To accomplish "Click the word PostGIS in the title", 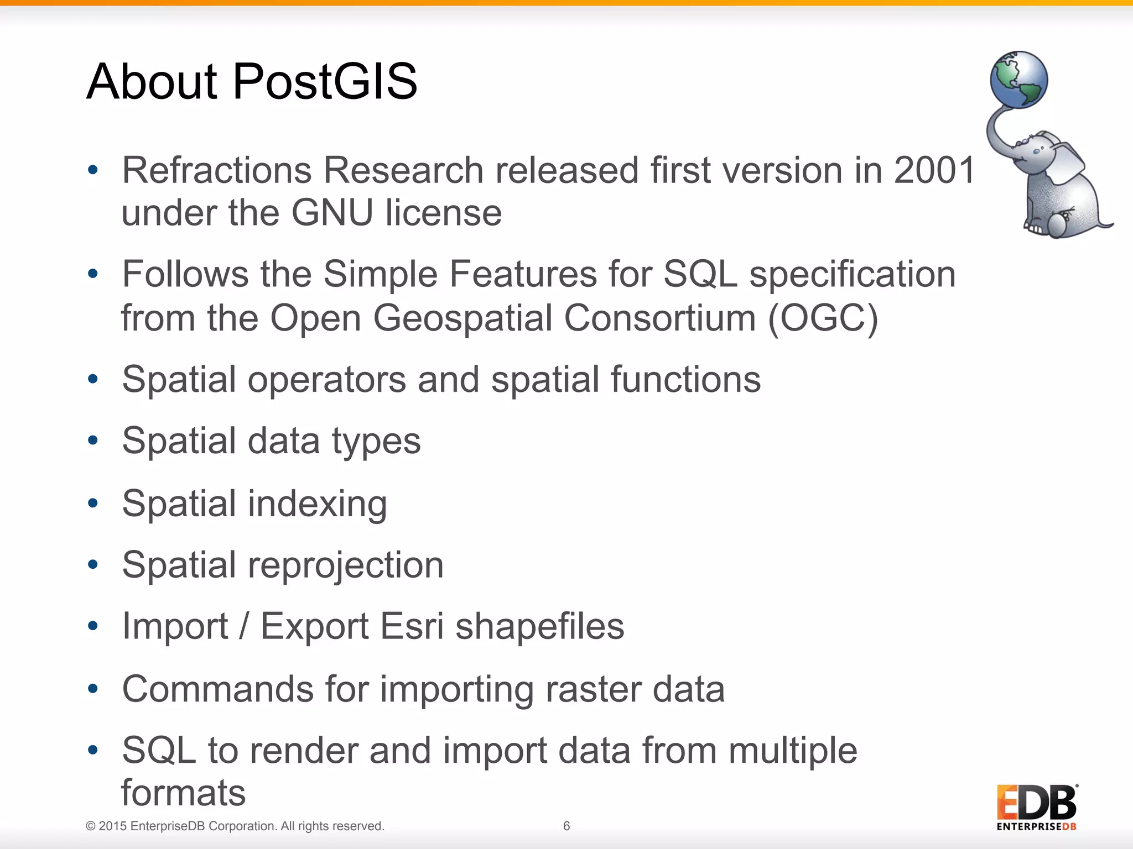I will pyautogui.click(x=325, y=82).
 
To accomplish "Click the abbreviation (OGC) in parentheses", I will pyautogui.click(x=823, y=318).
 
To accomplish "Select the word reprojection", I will pyautogui.click(x=345, y=566).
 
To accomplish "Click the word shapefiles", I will pyautogui.click(x=539, y=627).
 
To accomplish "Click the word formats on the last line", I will pyautogui.click(x=183, y=793).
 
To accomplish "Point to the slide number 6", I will pyautogui.click(x=566, y=826).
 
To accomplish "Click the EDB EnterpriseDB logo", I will pyautogui.click(x=1037, y=807).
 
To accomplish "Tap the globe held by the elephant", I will pyautogui.click(x=1018, y=80).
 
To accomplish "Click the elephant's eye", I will pyautogui.click(x=1036, y=151).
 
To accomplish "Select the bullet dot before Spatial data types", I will pyautogui.click(x=93, y=441).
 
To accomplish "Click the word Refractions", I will pyautogui.click(x=217, y=170).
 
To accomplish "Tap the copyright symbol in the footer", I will pyautogui.click(x=91, y=826).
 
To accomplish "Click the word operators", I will pyautogui.click(x=327, y=380).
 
